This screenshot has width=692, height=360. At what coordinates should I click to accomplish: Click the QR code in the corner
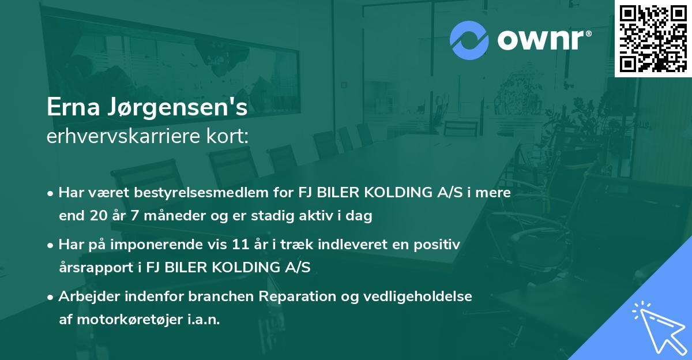(x=653, y=39)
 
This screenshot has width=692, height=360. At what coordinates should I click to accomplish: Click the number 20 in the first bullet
(x=95, y=217)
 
